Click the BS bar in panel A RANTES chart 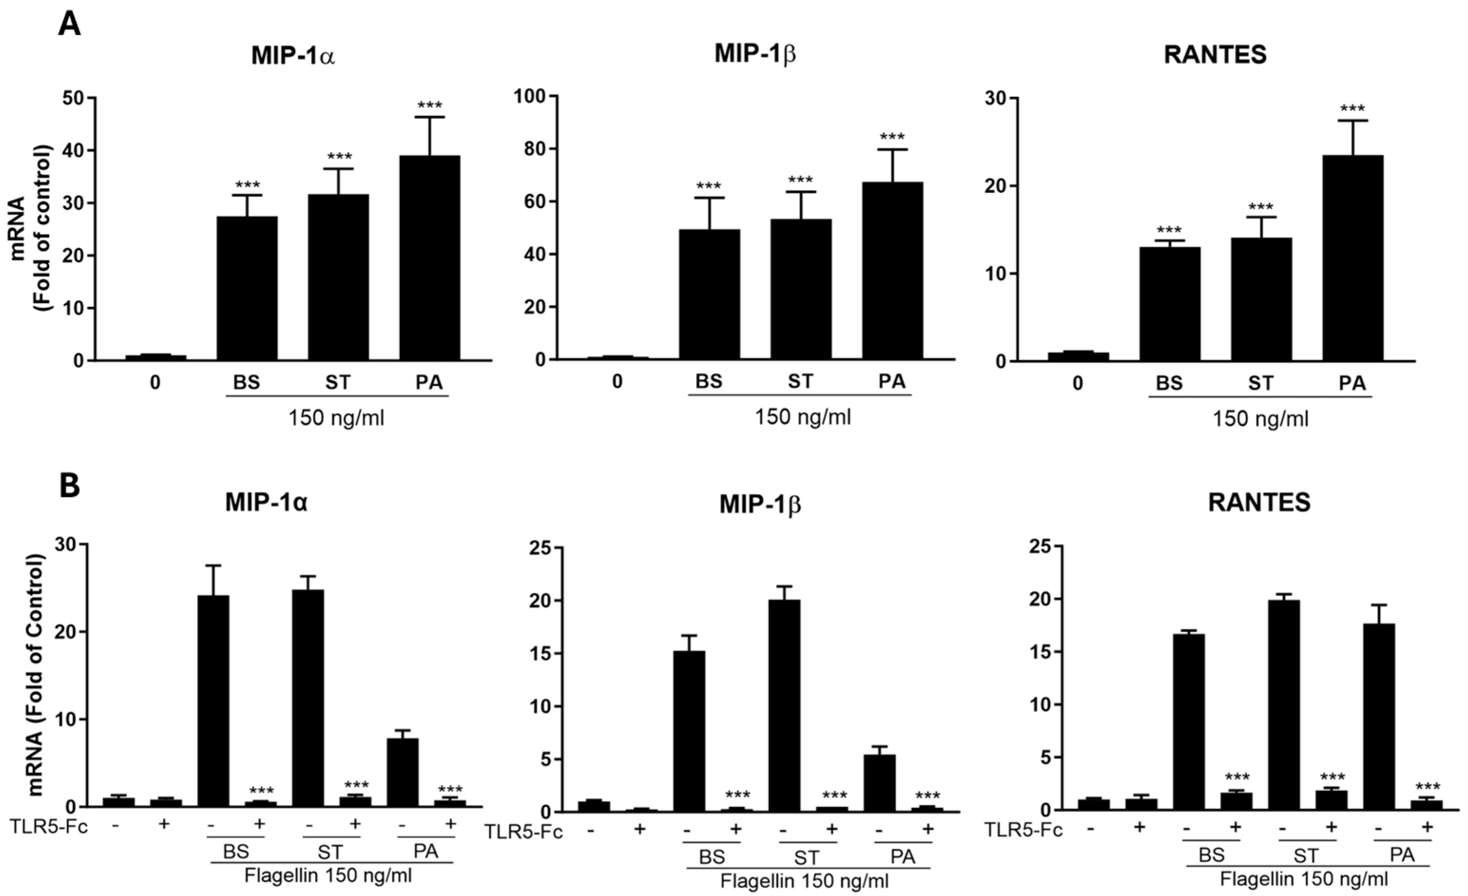pos(1169,304)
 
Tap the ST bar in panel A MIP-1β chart pos(801,289)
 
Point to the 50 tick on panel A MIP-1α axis pos(75,98)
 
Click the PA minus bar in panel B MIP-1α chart pos(403,772)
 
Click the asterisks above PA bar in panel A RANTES pos(1352,109)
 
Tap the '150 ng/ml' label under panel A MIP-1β pos(803,417)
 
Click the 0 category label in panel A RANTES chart pos(1077,383)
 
